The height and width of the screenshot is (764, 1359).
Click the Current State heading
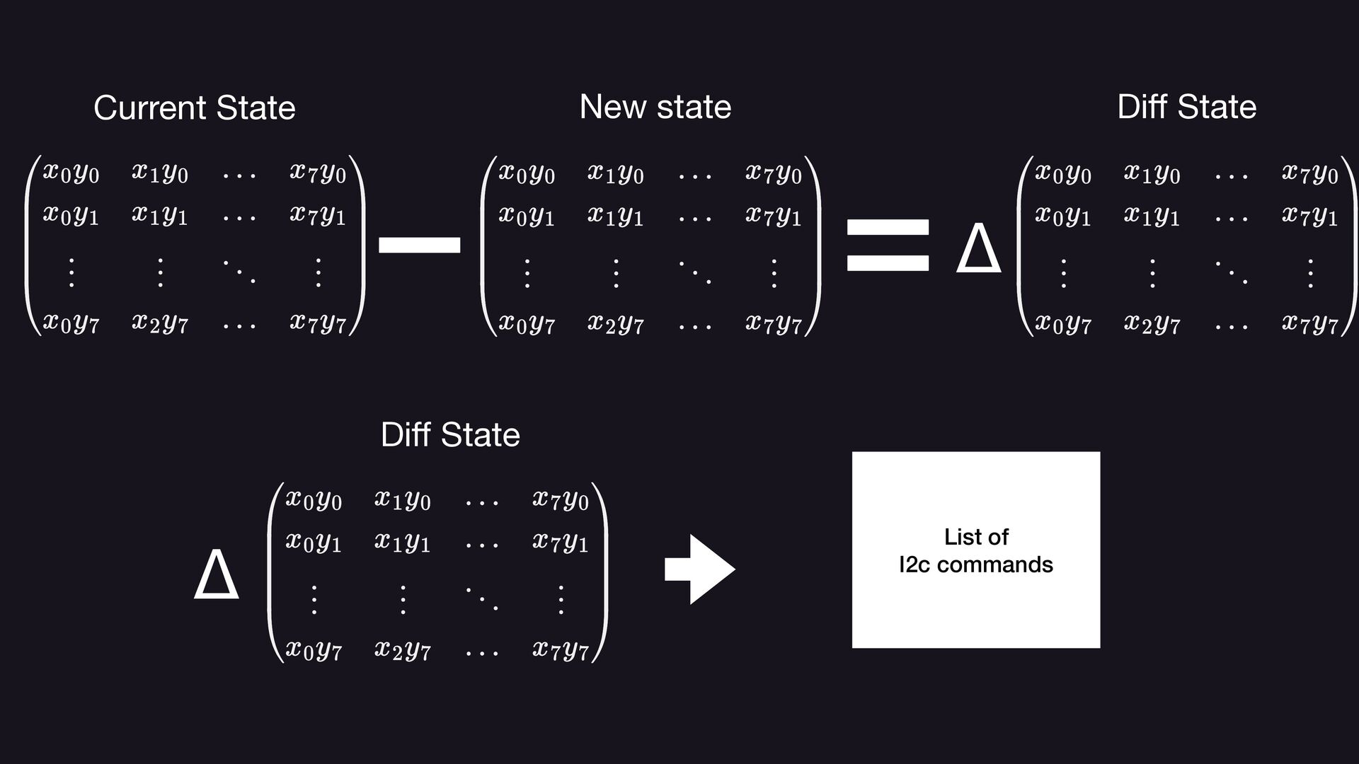click(x=194, y=108)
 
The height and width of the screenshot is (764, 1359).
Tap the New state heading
click(x=655, y=107)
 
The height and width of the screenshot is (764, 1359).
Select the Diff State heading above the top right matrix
click(x=1186, y=107)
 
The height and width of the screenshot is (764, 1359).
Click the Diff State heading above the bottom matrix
click(x=450, y=434)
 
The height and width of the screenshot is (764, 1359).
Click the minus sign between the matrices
click(x=420, y=245)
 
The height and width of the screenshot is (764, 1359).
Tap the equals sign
click(x=888, y=245)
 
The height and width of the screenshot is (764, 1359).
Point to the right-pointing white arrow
click(x=699, y=569)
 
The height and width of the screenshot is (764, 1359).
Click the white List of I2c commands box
click(x=975, y=550)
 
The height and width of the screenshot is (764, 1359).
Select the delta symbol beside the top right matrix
click(x=978, y=248)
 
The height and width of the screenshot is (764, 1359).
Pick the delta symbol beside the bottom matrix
click(x=216, y=574)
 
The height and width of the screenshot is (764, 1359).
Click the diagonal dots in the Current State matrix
click(x=239, y=272)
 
